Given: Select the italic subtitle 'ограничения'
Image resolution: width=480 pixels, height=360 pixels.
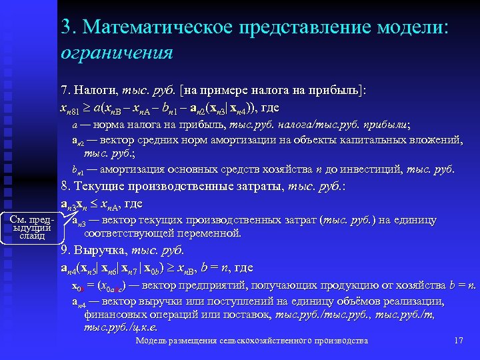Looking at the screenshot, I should tap(117, 52).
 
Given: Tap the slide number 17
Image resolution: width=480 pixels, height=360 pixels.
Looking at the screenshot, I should tap(458, 341).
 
